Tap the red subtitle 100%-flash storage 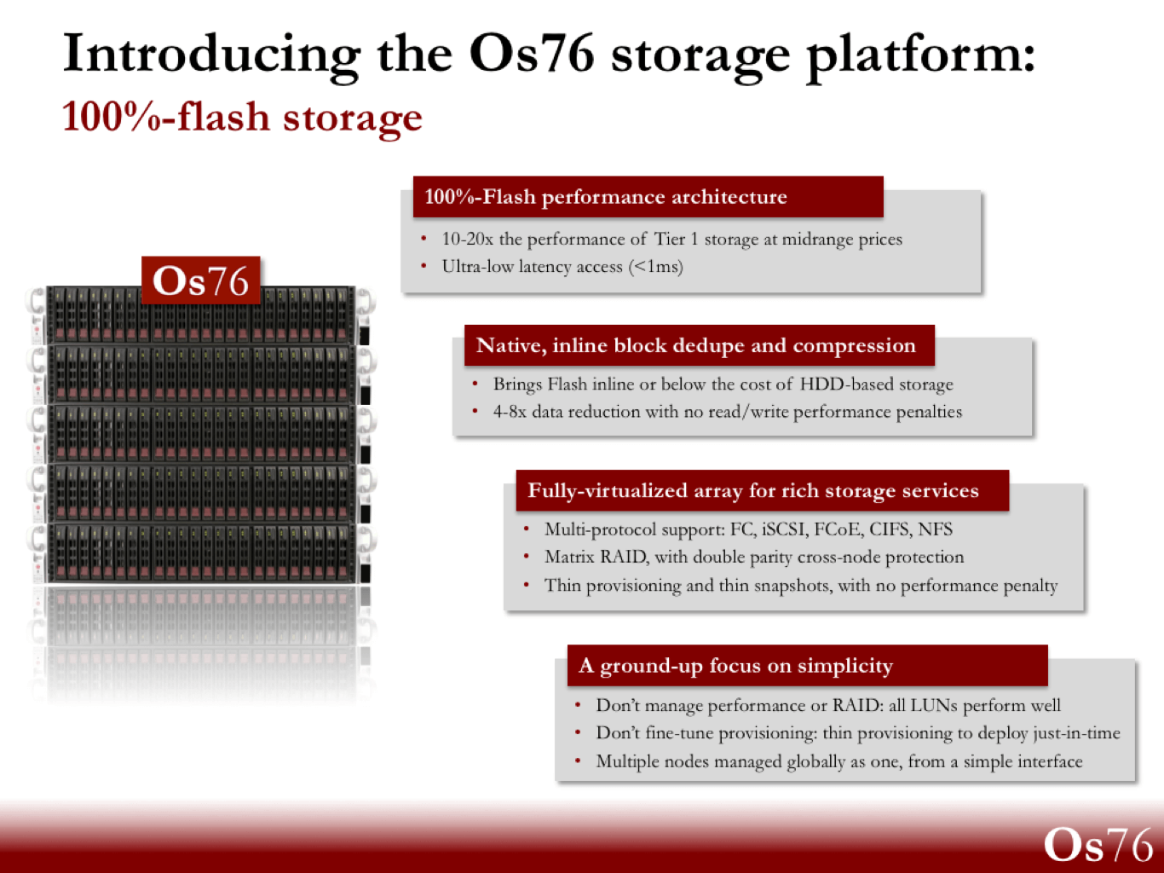[x=242, y=119]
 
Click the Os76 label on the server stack [x=201, y=280]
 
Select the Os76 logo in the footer [x=1098, y=844]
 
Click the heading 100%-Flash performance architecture [x=606, y=197]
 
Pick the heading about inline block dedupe [x=695, y=345]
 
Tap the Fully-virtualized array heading [x=753, y=490]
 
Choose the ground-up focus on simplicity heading [x=736, y=666]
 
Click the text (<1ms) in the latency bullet [x=655, y=266]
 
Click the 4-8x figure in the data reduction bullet [x=509, y=412]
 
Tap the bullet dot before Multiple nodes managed [x=578, y=761]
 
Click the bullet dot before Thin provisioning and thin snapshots [x=526, y=585]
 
